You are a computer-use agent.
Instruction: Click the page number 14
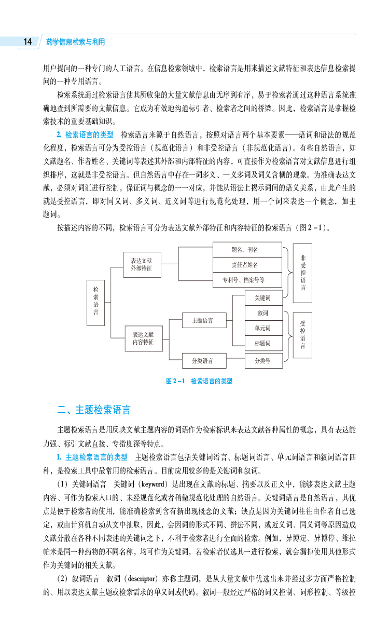coord(27,42)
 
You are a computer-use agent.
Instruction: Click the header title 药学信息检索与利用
coord(75,42)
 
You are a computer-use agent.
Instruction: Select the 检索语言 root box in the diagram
coord(96,303)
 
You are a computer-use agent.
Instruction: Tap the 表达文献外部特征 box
coord(142,265)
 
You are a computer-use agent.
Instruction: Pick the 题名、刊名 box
coord(247,250)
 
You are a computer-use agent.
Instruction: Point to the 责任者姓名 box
coord(247,265)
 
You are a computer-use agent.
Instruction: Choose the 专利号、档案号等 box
coord(247,280)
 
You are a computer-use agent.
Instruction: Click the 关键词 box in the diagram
coord(265,298)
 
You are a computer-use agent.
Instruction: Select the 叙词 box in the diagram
coord(265,313)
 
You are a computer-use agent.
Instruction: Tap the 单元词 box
coord(265,328)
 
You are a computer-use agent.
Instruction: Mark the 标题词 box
coord(265,343)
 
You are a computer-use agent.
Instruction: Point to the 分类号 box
coord(265,360)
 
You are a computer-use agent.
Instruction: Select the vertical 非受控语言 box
coord(302,273)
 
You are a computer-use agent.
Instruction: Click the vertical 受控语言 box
coord(302,335)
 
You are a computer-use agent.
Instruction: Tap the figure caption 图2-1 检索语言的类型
coord(199,381)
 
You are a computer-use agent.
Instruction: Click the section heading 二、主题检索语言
coord(94,410)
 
